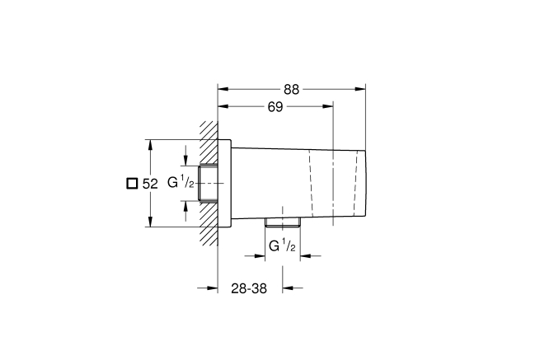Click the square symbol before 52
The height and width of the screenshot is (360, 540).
[130, 184]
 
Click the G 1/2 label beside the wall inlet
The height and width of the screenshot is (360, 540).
[181, 182]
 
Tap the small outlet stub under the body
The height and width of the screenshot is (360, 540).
[281, 222]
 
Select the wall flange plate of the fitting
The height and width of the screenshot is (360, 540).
[224, 182]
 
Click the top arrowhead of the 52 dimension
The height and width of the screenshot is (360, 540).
[149, 143]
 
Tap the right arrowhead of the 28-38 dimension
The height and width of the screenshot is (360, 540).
[288, 288]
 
